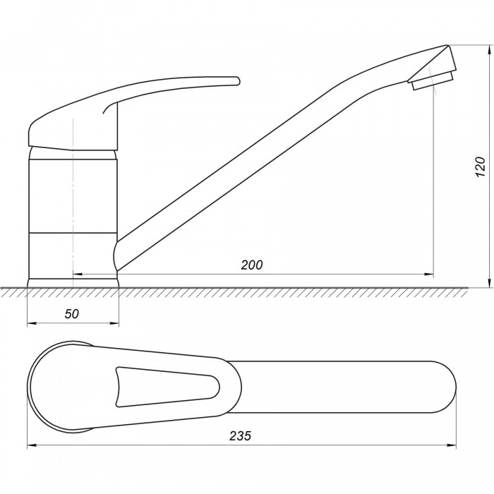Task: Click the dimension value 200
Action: [251, 265]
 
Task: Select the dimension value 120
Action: [480, 167]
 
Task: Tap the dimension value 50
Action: [72, 314]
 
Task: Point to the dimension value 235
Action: [240, 435]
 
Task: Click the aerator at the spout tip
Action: [432, 80]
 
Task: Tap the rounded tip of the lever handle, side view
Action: [236, 80]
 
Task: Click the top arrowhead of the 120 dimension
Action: [489, 50]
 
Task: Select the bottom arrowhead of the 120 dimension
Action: [489, 282]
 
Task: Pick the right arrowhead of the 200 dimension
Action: [429, 274]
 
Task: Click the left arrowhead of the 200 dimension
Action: [78, 274]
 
